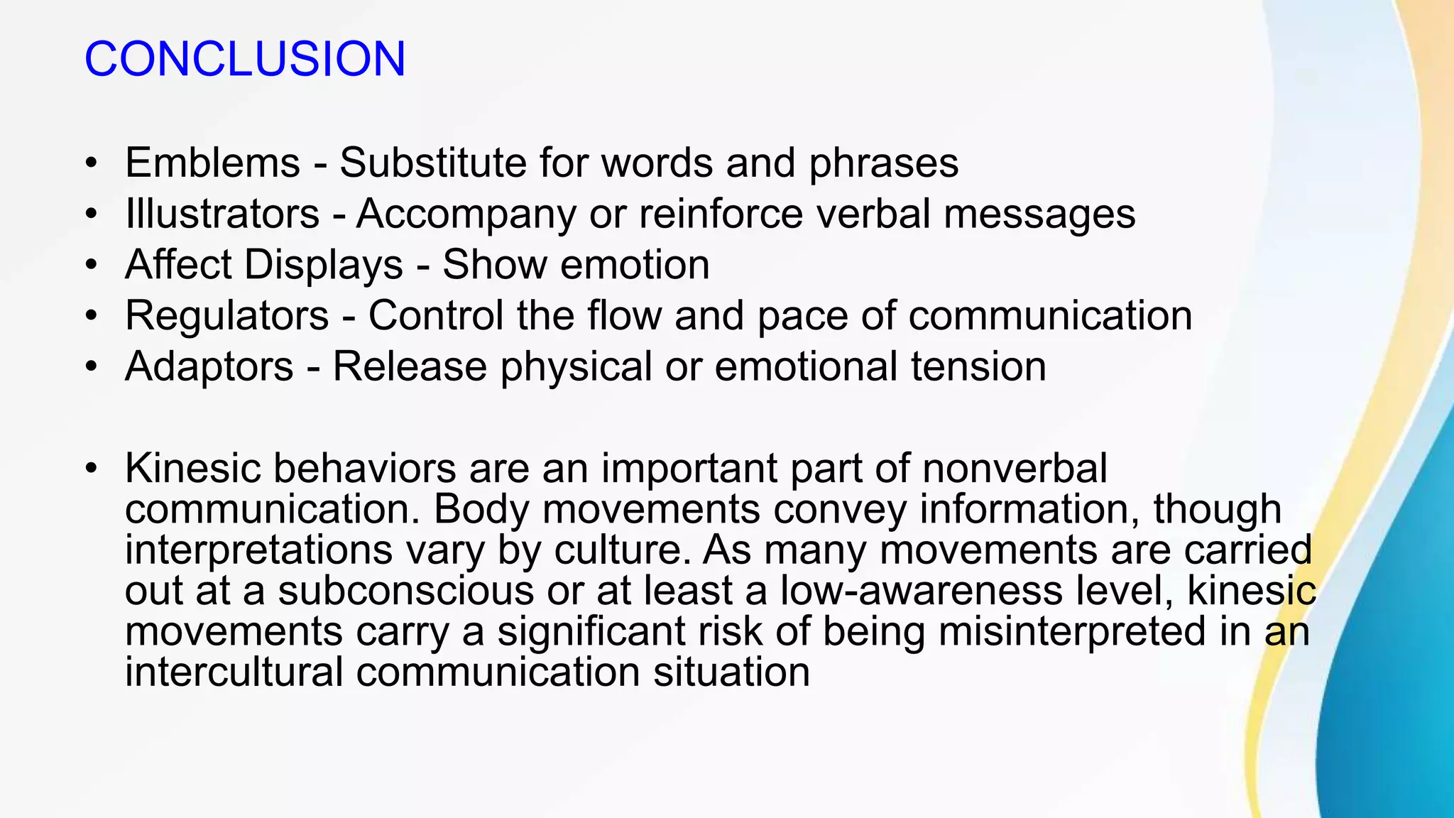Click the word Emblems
pyautogui.click(x=212, y=163)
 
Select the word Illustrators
pyautogui.click(x=222, y=214)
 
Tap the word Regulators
pyautogui.click(x=226, y=315)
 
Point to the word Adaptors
pyautogui.click(x=209, y=366)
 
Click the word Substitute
pyautogui.click(x=432, y=163)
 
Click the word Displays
pyautogui.click(x=323, y=266)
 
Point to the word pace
pyautogui.click(x=802, y=317)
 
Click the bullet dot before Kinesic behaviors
pyautogui.click(x=90, y=469)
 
